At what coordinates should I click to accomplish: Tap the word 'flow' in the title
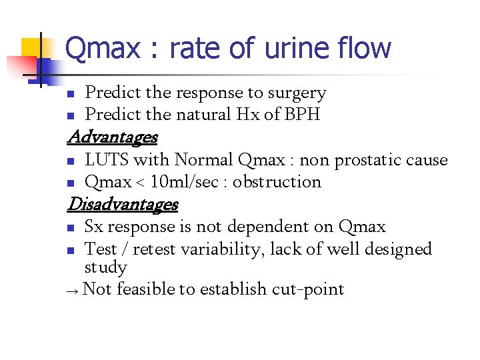coord(366,49)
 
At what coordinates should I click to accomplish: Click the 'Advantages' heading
coord(112,137)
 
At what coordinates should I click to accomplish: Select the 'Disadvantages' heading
coord(123,203)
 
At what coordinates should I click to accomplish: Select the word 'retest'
coord(155,249)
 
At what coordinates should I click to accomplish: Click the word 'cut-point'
coord(308,289)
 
